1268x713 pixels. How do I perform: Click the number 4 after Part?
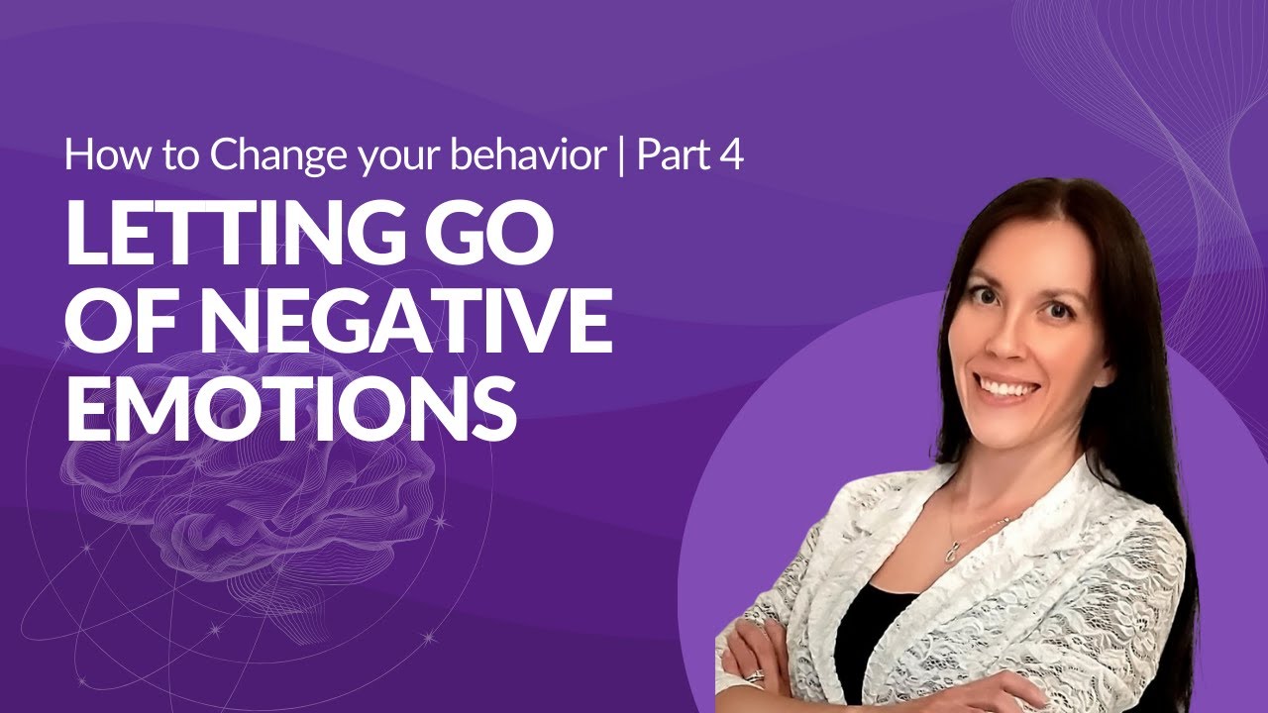(x=732, y=155)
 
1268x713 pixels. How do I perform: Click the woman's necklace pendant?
(x=951, y=552)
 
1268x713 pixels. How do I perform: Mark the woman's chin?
(x=1004, y=424)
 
